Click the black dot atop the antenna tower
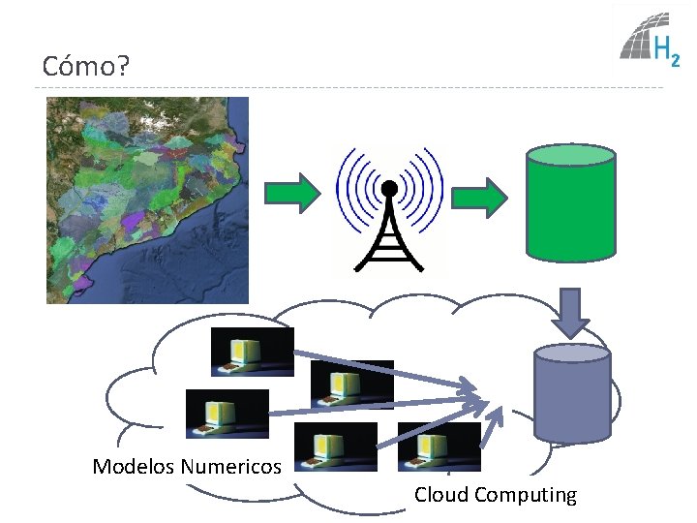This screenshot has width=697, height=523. pos(389,187)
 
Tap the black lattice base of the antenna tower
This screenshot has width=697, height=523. pos(389,242)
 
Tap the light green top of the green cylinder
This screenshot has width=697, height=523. pos(570,156)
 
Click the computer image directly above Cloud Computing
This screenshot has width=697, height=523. pos(439,446)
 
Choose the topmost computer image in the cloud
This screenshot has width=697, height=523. pos(252,352)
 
